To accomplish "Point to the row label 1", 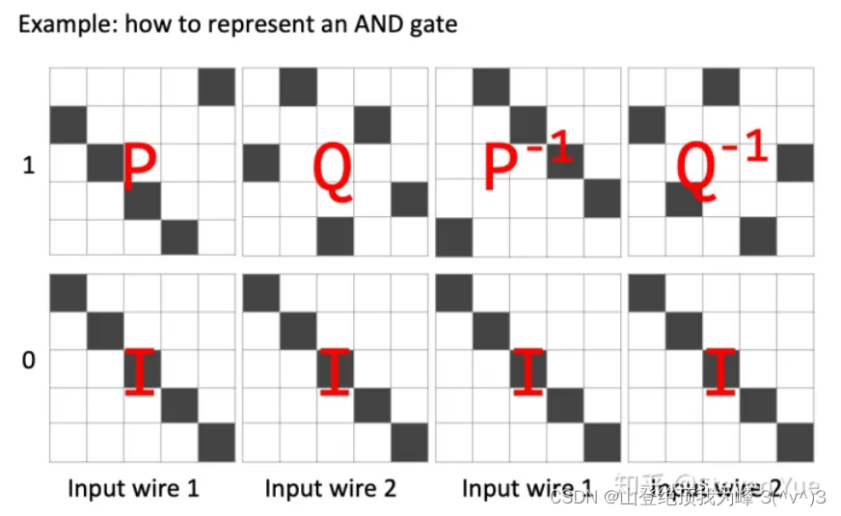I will (28, 166).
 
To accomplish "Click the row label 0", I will (28, 361).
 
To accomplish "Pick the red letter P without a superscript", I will (140, 165).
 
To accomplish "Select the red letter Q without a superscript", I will (334, 167).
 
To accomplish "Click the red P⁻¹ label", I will (527, 163).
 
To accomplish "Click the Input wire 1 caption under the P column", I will (133, 488).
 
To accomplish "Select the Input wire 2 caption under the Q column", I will (330, 488).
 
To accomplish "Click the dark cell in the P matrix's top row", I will (217, 87).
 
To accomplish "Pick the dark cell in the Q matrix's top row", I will (298, 87).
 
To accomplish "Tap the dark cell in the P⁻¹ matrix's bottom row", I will (454, 236).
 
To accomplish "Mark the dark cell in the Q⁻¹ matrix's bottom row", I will (759, 236).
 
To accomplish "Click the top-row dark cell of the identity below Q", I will (261, 293).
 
